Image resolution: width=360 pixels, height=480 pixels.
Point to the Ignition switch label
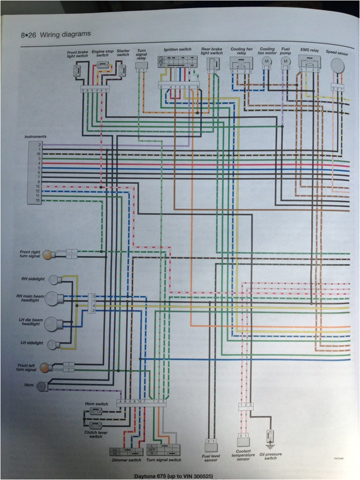pos(177,49)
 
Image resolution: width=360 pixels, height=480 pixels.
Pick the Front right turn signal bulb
pos(47,255)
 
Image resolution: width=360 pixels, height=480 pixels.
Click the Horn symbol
pos(42,386)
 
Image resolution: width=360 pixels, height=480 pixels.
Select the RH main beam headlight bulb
pos(54,299)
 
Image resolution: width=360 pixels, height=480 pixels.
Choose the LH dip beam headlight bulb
pos(54,323)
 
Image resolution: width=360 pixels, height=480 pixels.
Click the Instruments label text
pos(36,136)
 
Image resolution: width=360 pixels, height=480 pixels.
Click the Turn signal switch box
pos(163,450)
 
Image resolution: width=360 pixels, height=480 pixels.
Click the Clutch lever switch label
pos(96,434)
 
